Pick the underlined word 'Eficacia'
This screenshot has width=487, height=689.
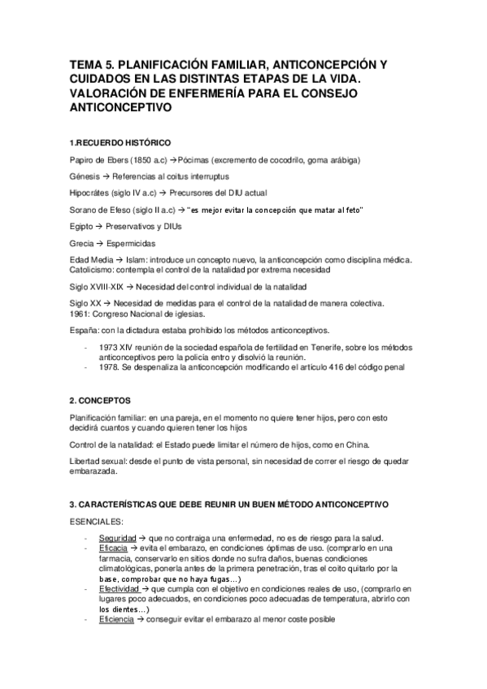[x=114, y=549]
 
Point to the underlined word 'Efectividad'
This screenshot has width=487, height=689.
[x=119, y=588]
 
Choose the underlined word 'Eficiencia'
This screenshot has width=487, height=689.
[x=116, y=619]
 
